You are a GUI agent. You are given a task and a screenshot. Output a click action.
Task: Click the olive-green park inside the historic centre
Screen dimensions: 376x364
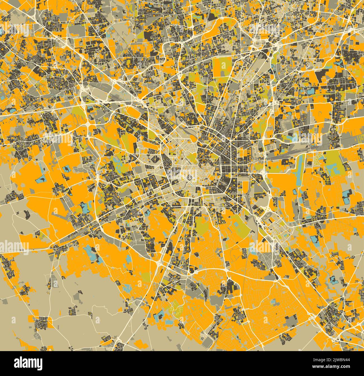click(193, 159)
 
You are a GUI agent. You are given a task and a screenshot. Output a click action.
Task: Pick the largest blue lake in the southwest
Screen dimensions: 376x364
click(92, 254)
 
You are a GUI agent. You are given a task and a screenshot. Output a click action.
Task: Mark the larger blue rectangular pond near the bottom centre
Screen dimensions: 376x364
click(159, 315)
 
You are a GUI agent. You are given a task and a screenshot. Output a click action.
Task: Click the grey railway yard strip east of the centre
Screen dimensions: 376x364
click(283, 157)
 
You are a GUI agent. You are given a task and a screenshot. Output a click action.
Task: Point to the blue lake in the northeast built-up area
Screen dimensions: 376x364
click(311, 91)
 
